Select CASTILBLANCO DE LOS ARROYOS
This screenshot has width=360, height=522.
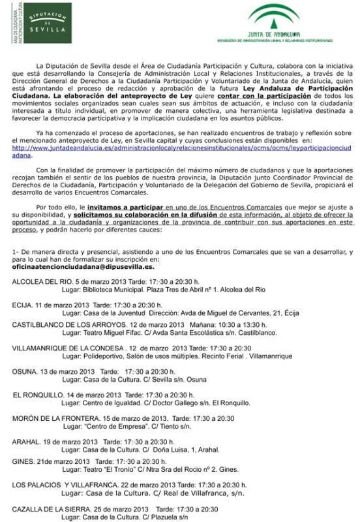[70, 325]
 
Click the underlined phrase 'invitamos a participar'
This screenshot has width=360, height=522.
[122, 206]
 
